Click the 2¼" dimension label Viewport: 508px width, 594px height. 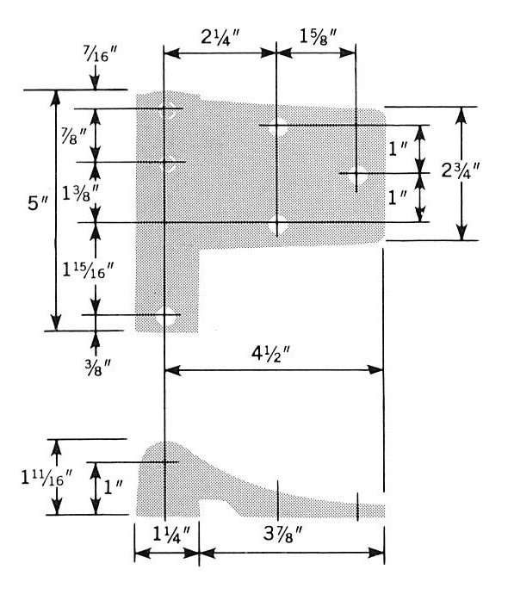pyautogui.click(x=220, y=38)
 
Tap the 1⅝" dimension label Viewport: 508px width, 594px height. pyautogui.click(x=319, y=37)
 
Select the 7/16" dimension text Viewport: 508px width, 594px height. pyautogui.click(x=101, y=53)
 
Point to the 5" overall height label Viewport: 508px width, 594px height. pyautogui.click(x=38, y=204)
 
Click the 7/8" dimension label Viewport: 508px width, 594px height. pyautogui.click(x=75, y=136)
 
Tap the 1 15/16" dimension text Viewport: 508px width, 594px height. pyautogui.click(x=88, y=270)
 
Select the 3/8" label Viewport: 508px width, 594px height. pyautogui.click(x=98, y=368)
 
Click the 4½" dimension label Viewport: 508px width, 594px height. pyautogui.click(x=270, y=354)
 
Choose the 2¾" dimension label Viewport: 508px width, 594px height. pyautogui.click(x=461, y=170)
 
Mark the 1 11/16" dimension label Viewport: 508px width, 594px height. pyautogui.click(x=46, y=478)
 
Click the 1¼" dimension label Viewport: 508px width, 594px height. pyautogui.click(x=170, y=534)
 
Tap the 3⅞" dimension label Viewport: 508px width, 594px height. pyautogui.click(x=282, y=535)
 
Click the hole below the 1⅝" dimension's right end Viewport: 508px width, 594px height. pyautogui.click(x=356, y=173)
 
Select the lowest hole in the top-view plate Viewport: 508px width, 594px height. pyautogui.click(x=166, y=315)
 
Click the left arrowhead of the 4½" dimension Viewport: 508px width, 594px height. pyautogui.click(x=173, y=370)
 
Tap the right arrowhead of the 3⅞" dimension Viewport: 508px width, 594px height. pyautogui.click(x=376, y=553)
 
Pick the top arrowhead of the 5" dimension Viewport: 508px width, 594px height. pyautogui.click(x=56, y=98)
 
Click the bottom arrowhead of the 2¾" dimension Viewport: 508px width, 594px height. pyautogui.click(x=462, y=232)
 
